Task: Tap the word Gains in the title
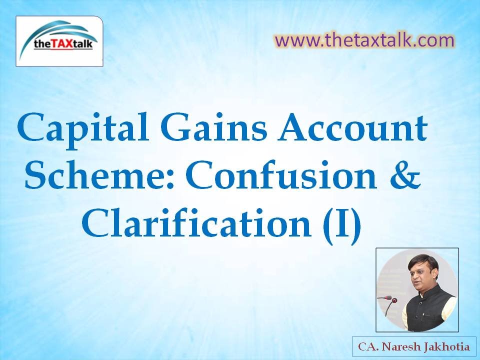pyautogui.click(x=214, y=127)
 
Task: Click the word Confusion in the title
pyautogui.click(x=281, y=174)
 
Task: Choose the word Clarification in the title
pyautogui.click(x=196, y=222)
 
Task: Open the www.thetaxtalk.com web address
pyautogui.click(x=364, y=40)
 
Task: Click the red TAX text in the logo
pyautogui.click(x=61, y=44)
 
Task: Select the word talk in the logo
pyautogui.click(x=82, y=44)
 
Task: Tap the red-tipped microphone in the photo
pyautogui.click(x=391, y=305)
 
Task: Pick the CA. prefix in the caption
pyautogui.click(x=369, y=347)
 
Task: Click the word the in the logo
pyautogui.click(x=41, y=44)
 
